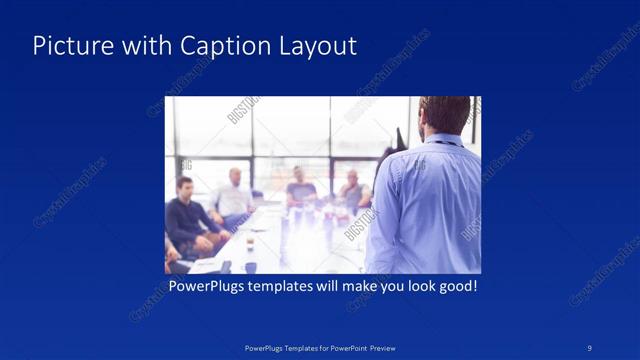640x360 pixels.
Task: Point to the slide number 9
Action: point(589,347)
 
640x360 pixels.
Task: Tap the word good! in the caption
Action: point(455,287)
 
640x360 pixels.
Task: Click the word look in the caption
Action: point(412,287)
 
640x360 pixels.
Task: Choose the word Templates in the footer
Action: point(291,348)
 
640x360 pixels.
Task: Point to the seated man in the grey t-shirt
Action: point(301,190)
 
